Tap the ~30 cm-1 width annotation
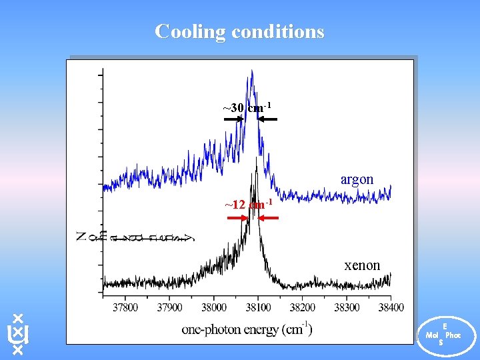click(247, 108)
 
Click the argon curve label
click(357, 180)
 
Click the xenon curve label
click(362, 265)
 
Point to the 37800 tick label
click(125, 307)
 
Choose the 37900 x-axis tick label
click(169, 307)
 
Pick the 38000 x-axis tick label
click(213, 307)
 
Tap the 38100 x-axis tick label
click(258, 307)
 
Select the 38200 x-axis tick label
click(302, 307)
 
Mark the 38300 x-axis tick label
click(346, 307)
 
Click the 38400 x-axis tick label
click(390, 307)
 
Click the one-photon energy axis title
click(247, 329)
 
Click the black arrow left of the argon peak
click(233, 119)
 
